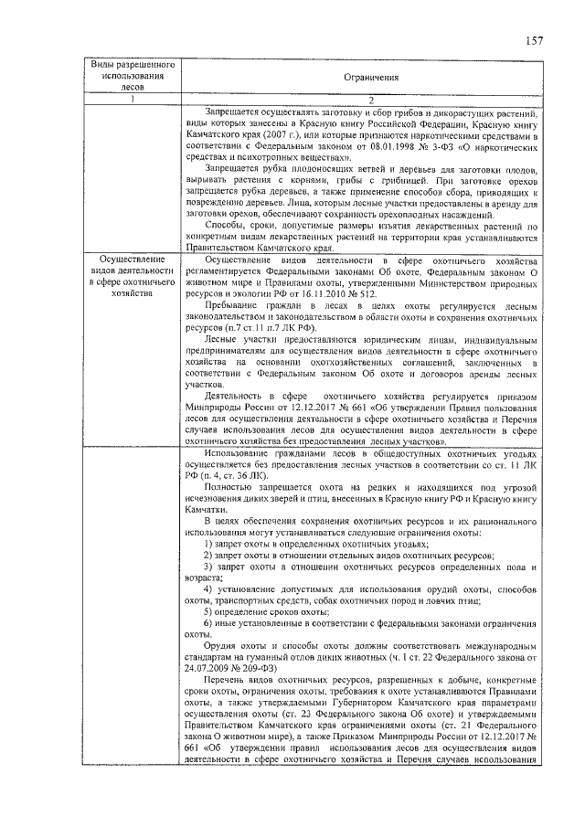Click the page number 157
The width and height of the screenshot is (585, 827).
point(534,39)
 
